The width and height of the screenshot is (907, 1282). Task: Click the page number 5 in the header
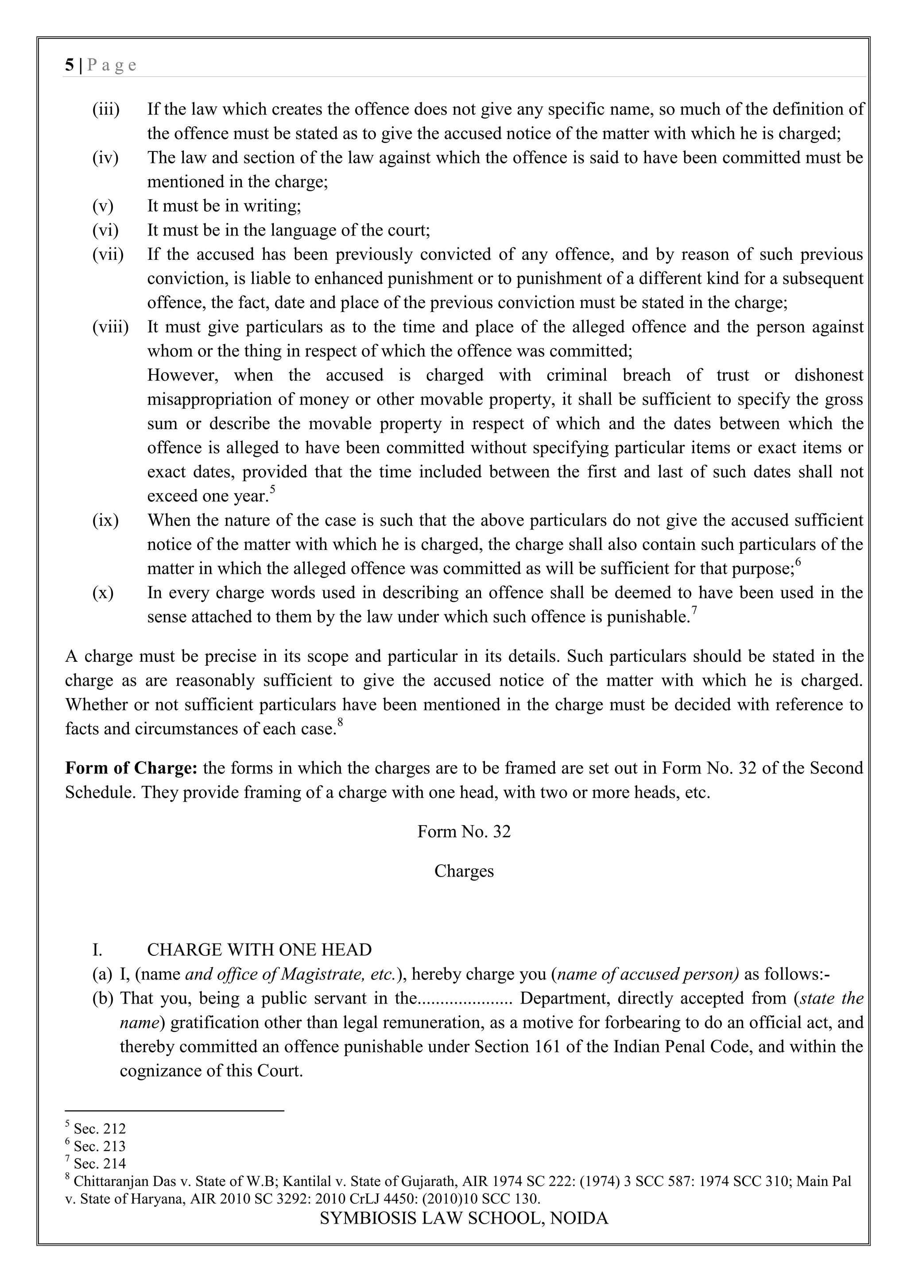69,66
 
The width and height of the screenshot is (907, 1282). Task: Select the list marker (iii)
105,109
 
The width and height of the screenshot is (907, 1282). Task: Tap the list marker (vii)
107,255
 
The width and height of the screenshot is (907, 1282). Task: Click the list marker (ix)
105,521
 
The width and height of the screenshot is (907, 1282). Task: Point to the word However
182,375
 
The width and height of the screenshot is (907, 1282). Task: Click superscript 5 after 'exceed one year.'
272,489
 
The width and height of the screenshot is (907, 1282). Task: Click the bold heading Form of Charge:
131,768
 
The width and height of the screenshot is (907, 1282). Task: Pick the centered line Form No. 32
464,831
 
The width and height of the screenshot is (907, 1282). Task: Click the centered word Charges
464,871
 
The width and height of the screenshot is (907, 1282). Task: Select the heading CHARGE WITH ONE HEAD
259,950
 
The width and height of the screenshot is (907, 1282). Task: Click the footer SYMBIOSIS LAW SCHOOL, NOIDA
464,1218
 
